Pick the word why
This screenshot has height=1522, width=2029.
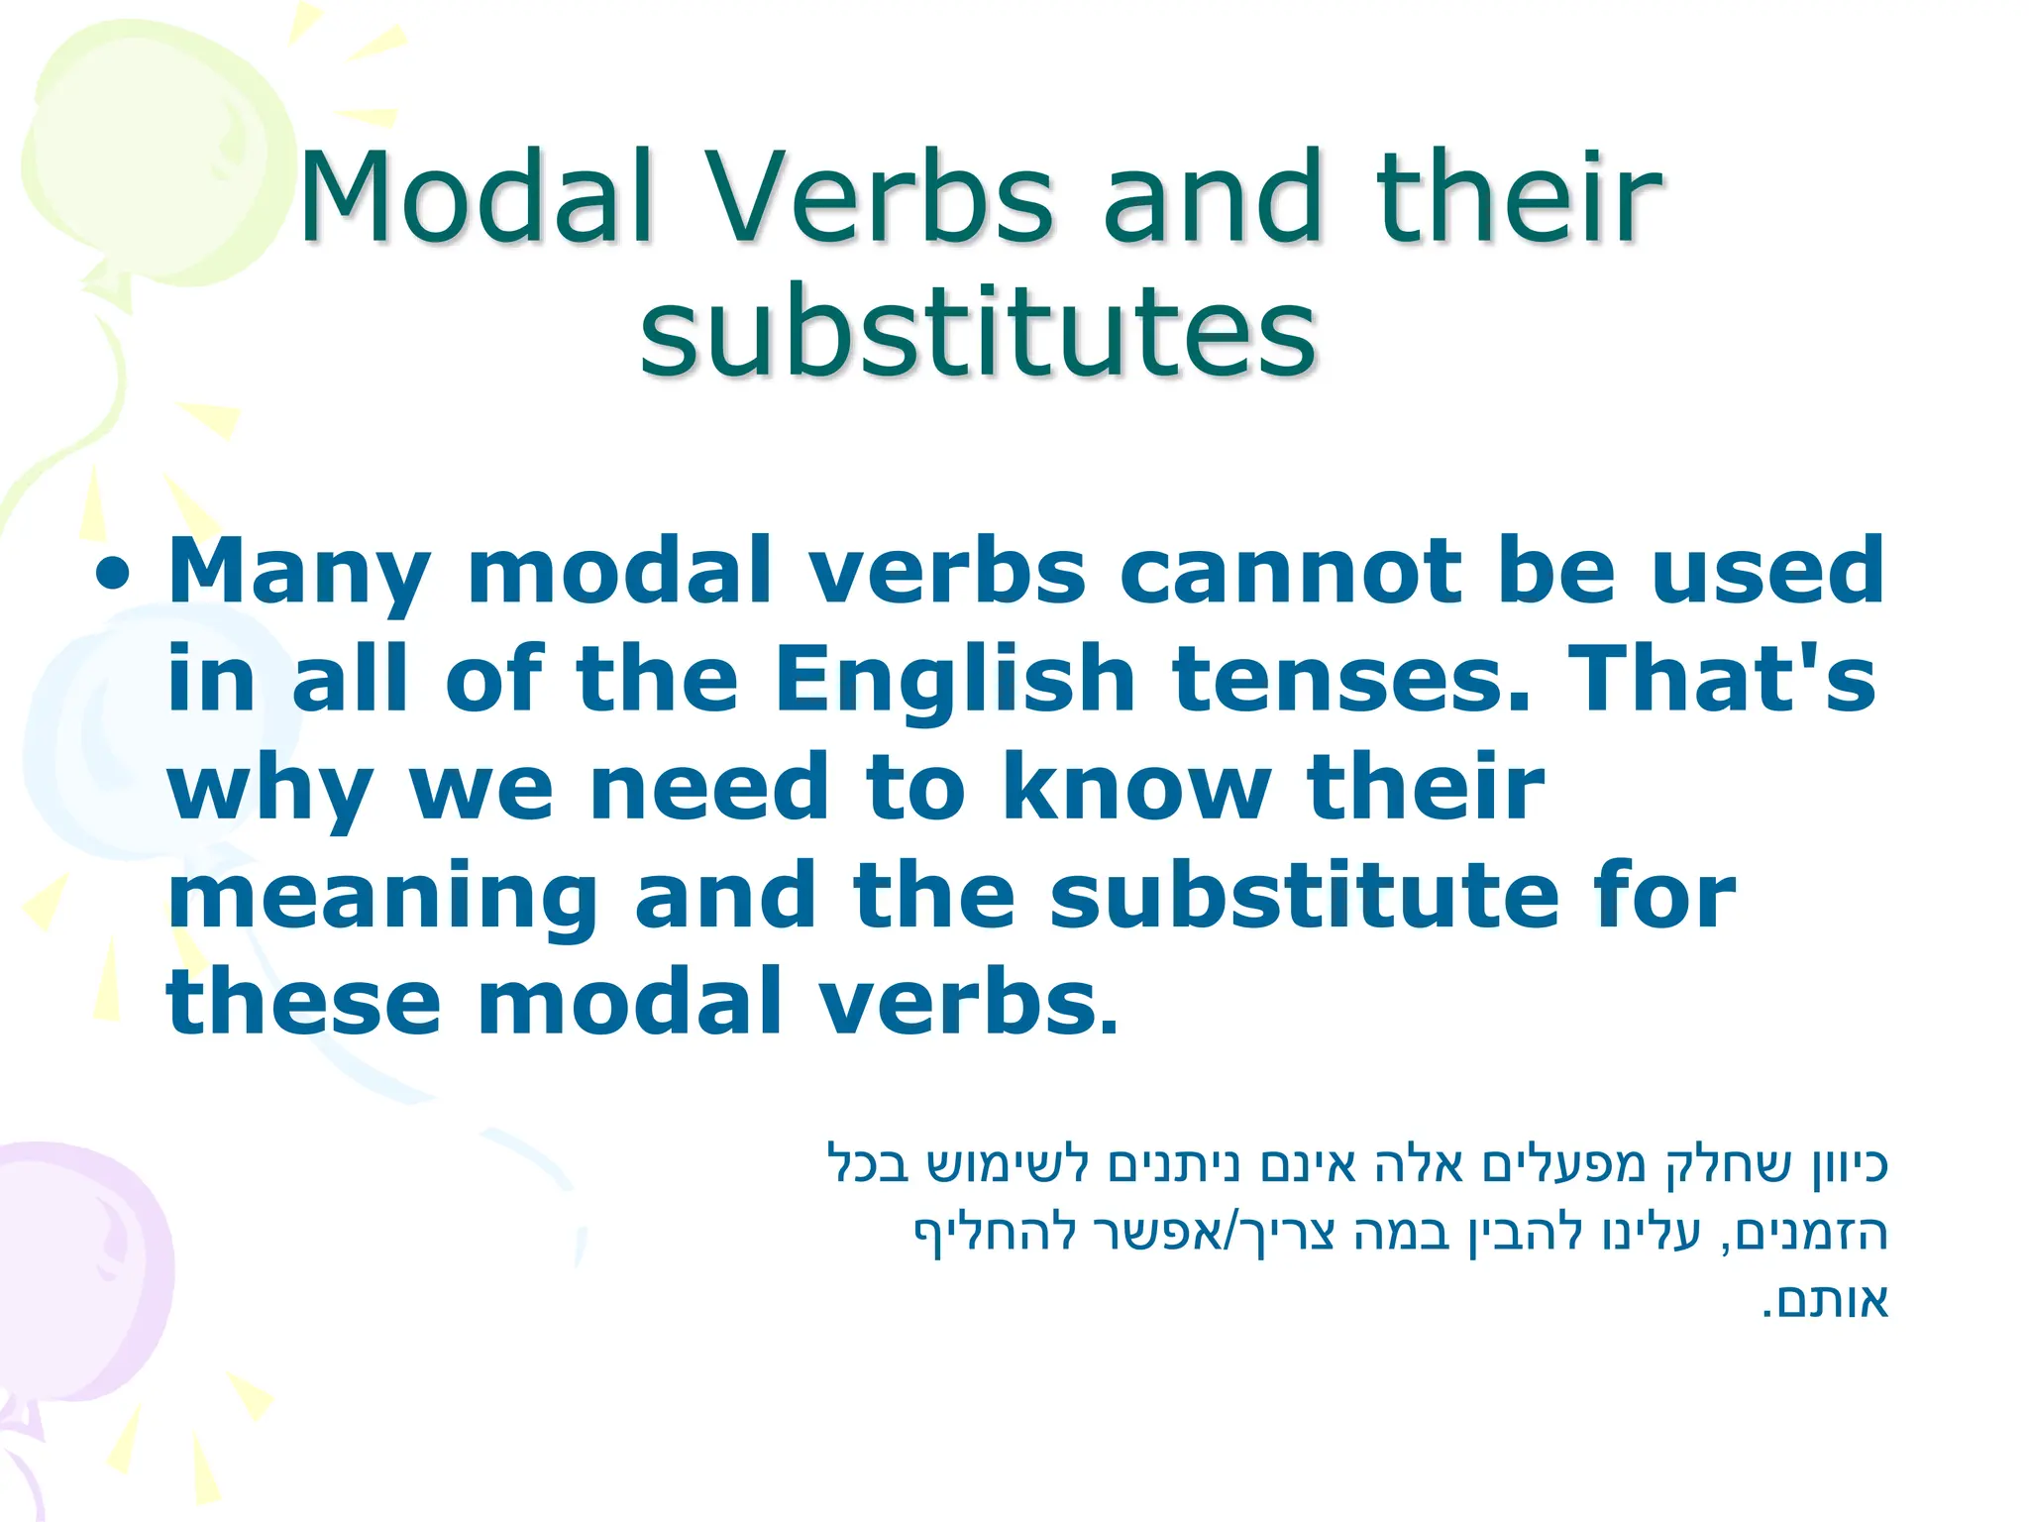click(269, 790)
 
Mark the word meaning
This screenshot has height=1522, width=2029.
click(382, 898)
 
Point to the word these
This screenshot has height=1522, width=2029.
click(303, 1003)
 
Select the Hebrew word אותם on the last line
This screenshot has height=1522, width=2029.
click(1833, 1302)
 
